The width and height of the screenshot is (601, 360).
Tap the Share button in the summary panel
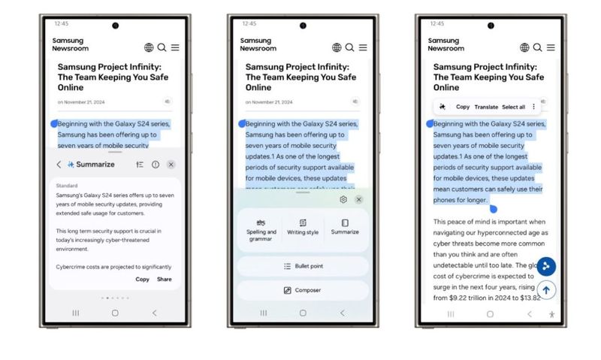click(x=164, y=280)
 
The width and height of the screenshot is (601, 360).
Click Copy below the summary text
click(x=142, y=280)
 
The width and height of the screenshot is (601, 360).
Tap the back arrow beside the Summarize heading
click(x=59, y=165)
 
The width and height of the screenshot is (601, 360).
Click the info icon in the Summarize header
click(x=156, y=165)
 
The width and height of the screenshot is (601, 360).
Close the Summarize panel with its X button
click(x=171, y=165)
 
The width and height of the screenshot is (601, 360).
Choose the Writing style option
click(x=303, y=227)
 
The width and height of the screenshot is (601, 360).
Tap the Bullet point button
click(x=303, y=267)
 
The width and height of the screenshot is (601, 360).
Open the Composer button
click(x=303, y=290)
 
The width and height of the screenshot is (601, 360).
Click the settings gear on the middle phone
click(x=343, y=199)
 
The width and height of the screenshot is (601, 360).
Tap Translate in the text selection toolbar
click(x=486, y=107)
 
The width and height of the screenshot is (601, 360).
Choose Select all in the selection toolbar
click(x=513, y=107)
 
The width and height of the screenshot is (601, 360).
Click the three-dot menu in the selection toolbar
click(x=534, y=107)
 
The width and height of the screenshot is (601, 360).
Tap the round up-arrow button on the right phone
click(x=546, y=290)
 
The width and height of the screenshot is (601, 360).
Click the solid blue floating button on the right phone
click(x=547, y=266)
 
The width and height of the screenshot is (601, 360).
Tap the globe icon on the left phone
click(x=149, y=48)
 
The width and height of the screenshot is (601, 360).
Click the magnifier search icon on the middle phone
click(x=349, y=48)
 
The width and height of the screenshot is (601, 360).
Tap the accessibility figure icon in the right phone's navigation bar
click(x=552, y=314)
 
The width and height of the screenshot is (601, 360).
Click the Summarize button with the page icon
click(x=345, y=227)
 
